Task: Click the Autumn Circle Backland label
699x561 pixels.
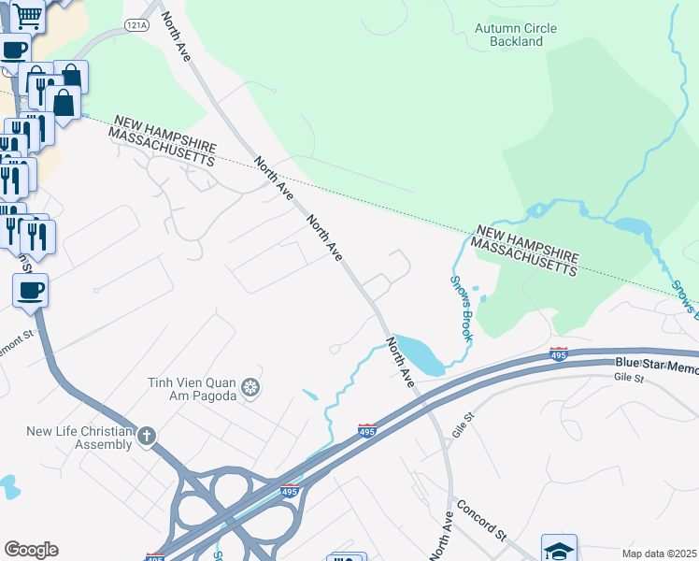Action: click(515, 35)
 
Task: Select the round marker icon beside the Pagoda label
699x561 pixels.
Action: click(250, 387)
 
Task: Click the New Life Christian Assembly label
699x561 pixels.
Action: click(79, 437)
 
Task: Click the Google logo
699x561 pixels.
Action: click(31, 549)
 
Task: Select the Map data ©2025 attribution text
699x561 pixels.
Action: click(659, 553)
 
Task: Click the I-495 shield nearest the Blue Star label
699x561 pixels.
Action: click(558, 355)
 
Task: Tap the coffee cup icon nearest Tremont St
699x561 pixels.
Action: click(30, 290)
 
